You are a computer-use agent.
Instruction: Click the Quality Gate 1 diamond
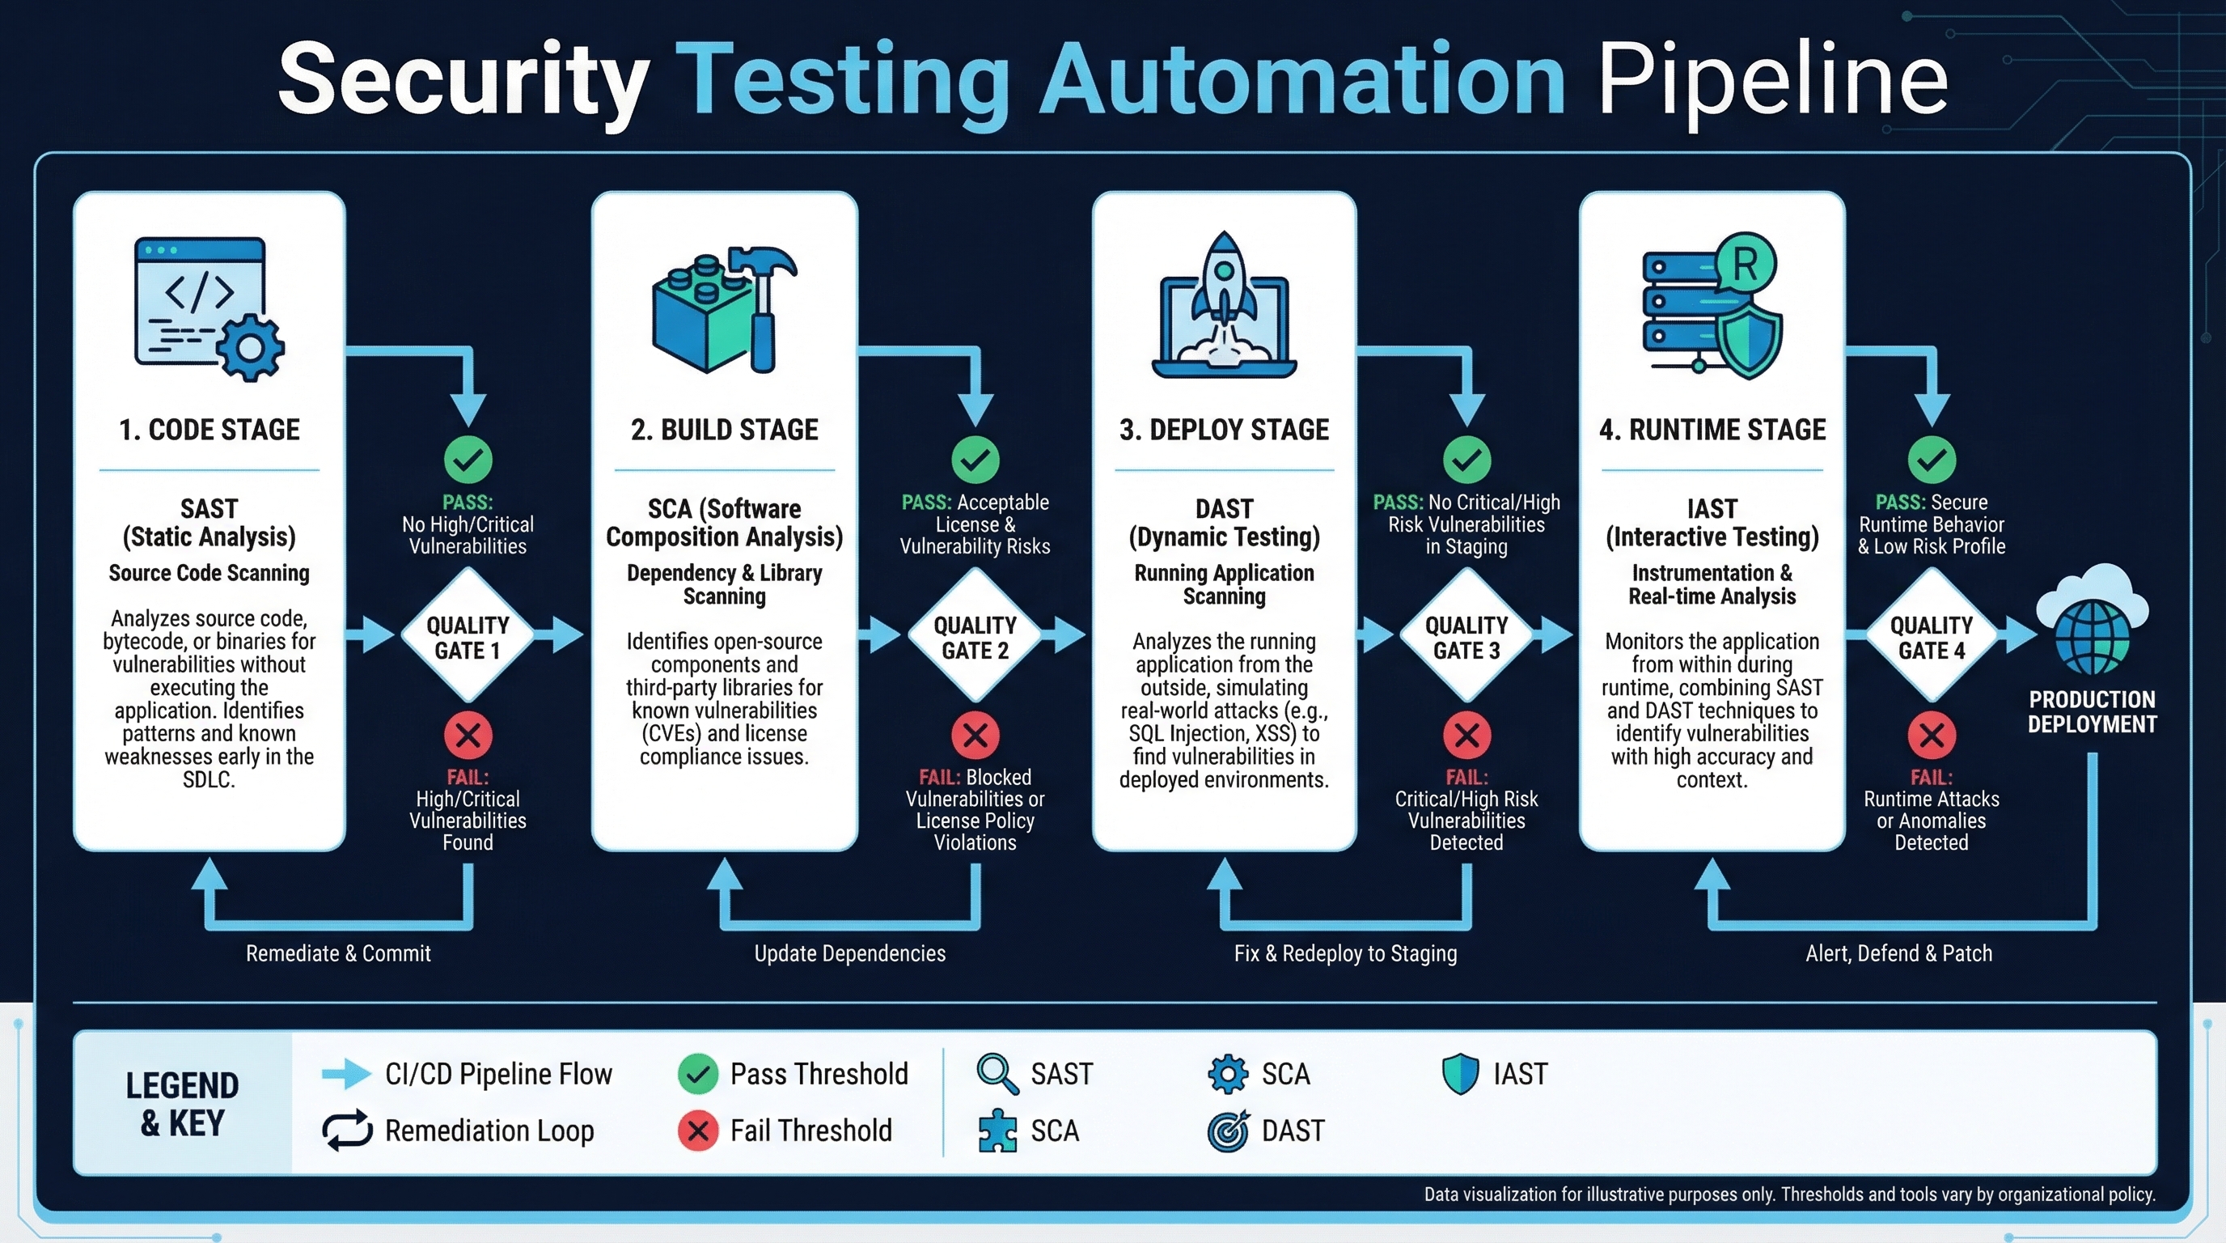tap(468, 636)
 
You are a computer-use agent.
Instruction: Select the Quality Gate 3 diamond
tap(1466, 636)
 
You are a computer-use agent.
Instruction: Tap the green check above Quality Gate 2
tap(975, 459)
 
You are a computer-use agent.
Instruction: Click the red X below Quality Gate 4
tap(1932, 736)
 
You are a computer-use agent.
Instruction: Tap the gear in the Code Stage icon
tap(250, 347)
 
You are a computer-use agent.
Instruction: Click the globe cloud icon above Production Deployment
tap(2092, 621)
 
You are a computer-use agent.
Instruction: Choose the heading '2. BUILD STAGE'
tap(724, 430)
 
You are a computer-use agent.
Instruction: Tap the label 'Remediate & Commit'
tap(338, 953)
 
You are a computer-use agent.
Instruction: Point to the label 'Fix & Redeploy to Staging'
tap(1344, 953)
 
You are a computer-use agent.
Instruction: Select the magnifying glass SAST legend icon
tap(997, 1074)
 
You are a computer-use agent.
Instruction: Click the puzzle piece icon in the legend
tap(997, 1131)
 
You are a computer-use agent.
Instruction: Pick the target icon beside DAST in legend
tap(1227, 1131)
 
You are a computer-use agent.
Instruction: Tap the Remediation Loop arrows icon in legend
tap(346, 1131)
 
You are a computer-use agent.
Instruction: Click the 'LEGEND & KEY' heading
tap(181, 1104)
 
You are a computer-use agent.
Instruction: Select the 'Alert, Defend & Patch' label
tap(1898, 953)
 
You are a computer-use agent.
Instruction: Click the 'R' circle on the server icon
tap(1746, 264)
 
